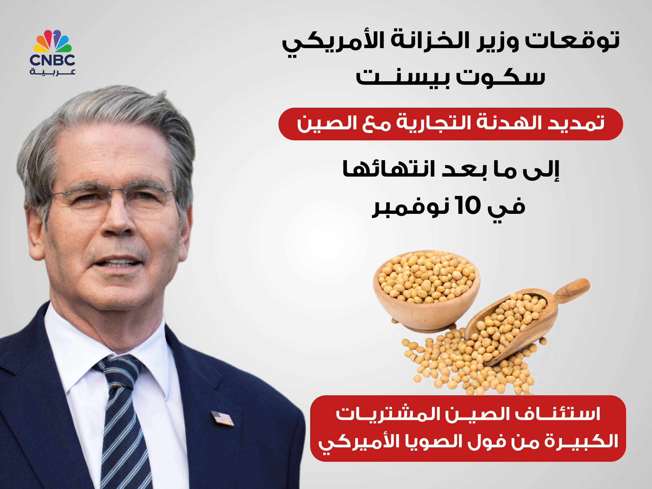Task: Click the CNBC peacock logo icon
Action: point(53,41)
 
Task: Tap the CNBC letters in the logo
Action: point(53,60)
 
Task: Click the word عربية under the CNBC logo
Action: point(53,72)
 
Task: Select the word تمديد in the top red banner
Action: point(576,123)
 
